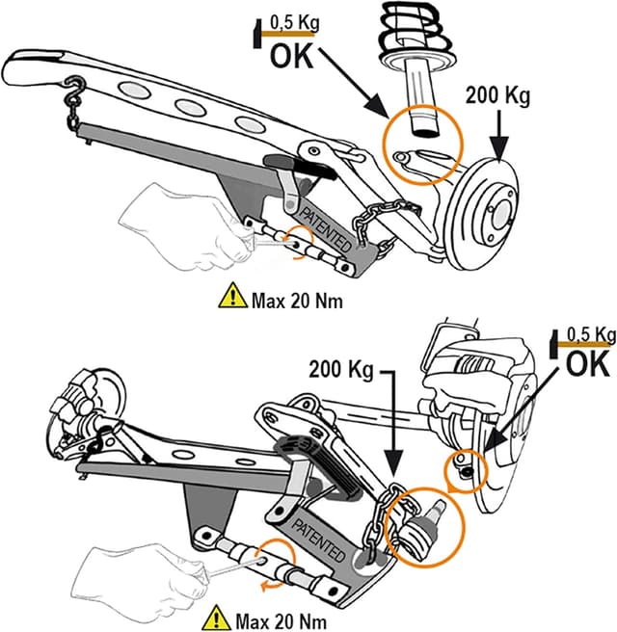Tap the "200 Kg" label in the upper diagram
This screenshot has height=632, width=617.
(498, 96)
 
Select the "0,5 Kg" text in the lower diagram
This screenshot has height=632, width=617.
(590, 335)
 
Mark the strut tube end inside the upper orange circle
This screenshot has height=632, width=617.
(421, 120)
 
